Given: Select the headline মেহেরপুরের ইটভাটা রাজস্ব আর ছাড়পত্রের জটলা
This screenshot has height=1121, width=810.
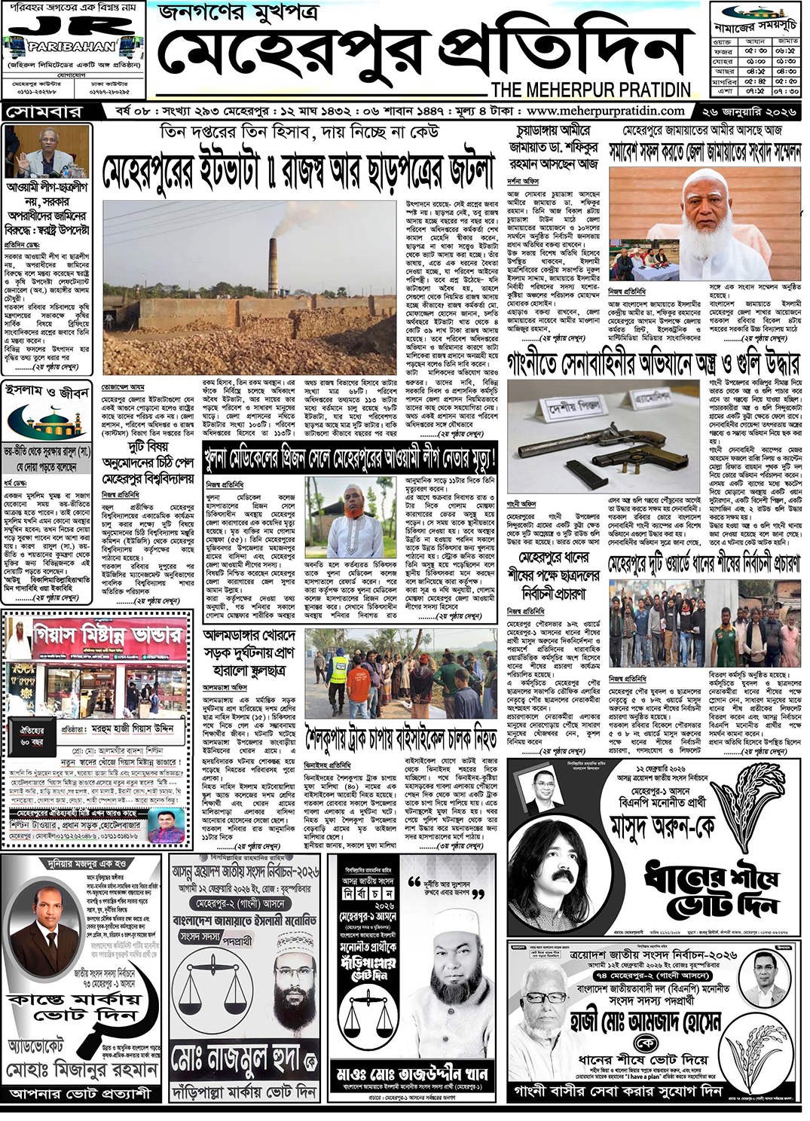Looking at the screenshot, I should point(298,170).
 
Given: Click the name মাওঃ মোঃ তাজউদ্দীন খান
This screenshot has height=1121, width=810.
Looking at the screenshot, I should point(412,1074).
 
